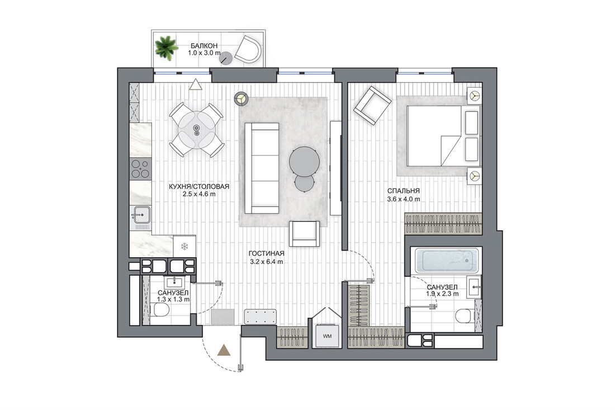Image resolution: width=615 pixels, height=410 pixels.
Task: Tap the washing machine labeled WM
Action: coord(327,336)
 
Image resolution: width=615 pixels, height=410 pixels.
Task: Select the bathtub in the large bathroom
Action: coord(447,260)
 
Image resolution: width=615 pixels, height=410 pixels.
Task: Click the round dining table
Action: coord(196,130)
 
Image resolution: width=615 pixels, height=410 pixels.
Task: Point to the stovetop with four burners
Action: coord(140,169)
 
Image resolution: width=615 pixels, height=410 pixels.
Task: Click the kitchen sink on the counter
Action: coord(140,218)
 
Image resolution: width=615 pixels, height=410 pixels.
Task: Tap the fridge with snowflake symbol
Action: coord(184,246)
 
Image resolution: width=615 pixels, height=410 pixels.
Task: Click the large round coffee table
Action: coord(304,161)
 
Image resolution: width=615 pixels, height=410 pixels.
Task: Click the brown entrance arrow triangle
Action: coord(224,350)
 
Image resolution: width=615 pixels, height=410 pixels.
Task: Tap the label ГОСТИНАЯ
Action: coord(266,253)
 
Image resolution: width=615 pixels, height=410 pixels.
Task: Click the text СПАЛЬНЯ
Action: coord(404,191)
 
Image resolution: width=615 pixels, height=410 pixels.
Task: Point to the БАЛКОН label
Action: coord(204,46)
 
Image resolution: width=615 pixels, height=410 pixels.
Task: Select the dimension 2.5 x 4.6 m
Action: coord(199,194)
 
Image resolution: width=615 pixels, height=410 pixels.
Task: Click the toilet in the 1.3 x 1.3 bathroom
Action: coord(160,310)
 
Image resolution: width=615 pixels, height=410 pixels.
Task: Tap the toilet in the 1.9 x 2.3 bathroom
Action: coord(466,316)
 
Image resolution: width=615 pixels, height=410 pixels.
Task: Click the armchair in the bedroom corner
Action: coord(372,106)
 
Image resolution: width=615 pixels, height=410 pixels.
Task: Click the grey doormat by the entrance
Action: coord(223,317)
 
